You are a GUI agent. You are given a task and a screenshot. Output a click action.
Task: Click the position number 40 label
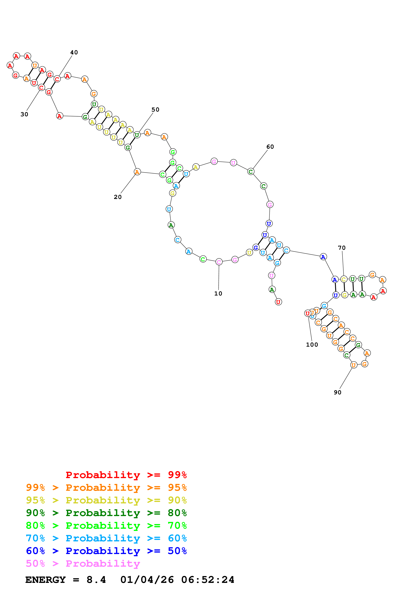pyautogui.click(x=74, y=52)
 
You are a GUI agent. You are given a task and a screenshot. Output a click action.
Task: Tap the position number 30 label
pyautogui.click(x=24, y=114)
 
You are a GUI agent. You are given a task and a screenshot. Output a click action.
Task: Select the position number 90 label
pyautogui.click(x=337, y=392)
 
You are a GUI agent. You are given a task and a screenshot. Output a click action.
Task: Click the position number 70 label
pyautogui.click(x=342, y=248)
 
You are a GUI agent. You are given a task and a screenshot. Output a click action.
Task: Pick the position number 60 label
pyautogui.click(x=270, y=147)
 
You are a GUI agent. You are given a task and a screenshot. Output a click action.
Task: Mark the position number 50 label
pyautogui.click(x=155, y=110)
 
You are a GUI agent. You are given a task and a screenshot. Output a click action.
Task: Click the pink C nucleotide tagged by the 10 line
pyautogui.click(x=219, y=262)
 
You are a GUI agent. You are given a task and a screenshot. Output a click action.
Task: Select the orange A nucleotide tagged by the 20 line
pyautogui.click(x=137, y=172)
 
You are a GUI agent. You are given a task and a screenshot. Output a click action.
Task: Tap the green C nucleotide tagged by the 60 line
pyautogui.click(x=250, y=171)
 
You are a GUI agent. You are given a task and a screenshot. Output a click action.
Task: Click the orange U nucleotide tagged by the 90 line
pyautogui.click(x=353, y=365)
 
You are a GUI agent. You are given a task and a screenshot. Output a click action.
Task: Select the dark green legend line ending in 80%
pyautogui.click(x=106, y=513)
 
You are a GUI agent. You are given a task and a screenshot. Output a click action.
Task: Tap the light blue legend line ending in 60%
pyautogui.click(x=106, y=538)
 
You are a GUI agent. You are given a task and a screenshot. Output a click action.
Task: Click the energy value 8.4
pyautogui.click(x=96, y=580)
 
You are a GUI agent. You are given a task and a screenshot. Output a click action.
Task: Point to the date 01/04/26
pyautogui.click(x=147, y=580)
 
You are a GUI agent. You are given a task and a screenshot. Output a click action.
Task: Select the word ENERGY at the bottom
pyautogui.click(x=45, y=580)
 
